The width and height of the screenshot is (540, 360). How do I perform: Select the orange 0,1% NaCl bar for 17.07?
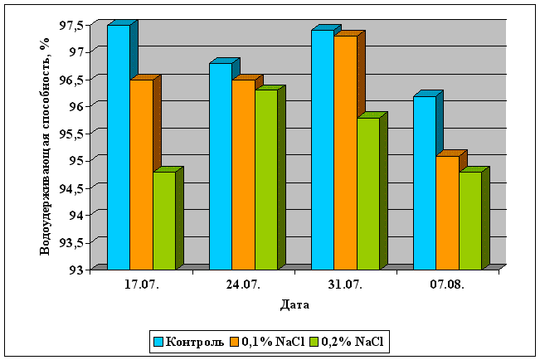(x=141, y=174)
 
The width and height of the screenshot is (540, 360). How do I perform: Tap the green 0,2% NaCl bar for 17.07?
(x=163, y=220)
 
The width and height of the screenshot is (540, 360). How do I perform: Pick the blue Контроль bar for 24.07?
(x=220, y=166)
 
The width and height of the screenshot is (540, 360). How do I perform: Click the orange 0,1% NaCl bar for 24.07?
(x=243, y=174)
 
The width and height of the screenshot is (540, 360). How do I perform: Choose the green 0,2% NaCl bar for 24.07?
(x=265, y=179)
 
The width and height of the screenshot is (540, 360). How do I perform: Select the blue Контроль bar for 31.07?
(x=322, y=149)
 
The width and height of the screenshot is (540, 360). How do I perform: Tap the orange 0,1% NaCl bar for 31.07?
(x=345, y=153)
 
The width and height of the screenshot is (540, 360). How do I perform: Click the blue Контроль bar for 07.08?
(x=424, y=182)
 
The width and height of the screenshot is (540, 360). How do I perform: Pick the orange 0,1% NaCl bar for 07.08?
(x=447, y=212)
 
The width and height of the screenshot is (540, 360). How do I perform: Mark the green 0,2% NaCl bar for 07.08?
(x=469, y=220)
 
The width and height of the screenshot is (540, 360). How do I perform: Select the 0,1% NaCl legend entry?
(x=268, y=341)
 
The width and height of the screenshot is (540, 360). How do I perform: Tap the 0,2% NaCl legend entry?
(x=348, y=341)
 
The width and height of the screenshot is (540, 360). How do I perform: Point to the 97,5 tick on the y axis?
(x=71, y=25)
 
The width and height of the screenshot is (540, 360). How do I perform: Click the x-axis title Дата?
(x=296, y=304)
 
